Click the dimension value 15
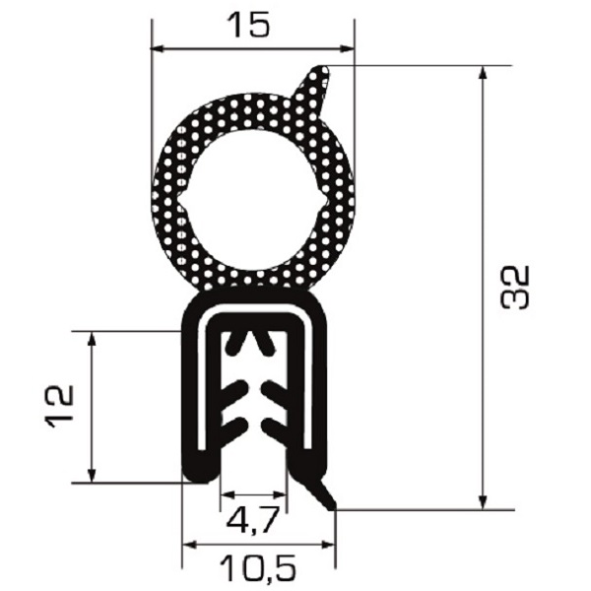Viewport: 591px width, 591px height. [x=250, y=25]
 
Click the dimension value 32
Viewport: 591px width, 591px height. [x=516, y=288]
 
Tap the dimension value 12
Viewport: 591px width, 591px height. [x=60, y=406]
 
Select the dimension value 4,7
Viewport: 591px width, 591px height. [x=253, y=521]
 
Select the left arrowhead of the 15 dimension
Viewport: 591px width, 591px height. [x=158, y=48]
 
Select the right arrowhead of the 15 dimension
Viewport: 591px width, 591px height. [x=347, y=48]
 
